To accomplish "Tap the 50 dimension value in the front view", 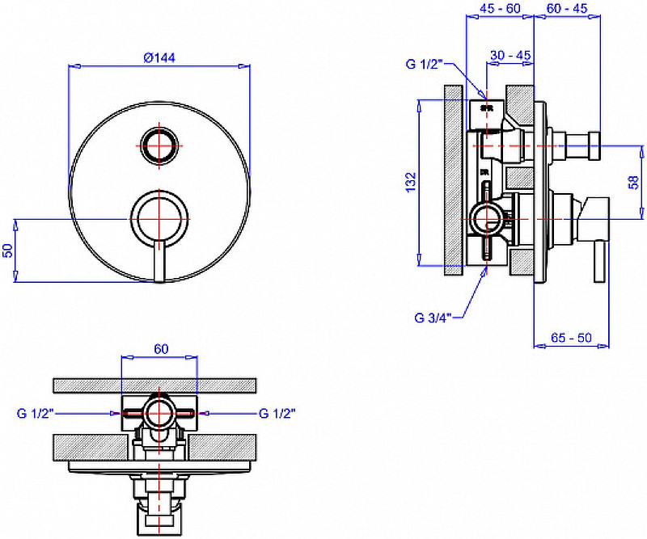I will [9, 250].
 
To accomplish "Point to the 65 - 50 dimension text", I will [571, 338].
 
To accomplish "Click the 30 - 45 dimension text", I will [510, 55].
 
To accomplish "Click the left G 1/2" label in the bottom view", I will [35, 413].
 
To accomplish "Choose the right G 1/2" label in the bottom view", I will [277, 413].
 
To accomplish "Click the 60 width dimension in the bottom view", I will [159, 349].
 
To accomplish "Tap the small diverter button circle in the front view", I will [159, 146].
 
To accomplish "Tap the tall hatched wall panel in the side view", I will [452, 181].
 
